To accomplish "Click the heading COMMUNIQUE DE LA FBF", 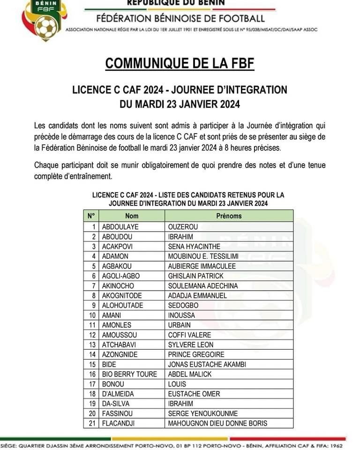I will click(180, 63).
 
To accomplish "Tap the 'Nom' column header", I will click(132, 216).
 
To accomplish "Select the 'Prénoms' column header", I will click(229, 216).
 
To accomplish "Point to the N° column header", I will click(91, 216).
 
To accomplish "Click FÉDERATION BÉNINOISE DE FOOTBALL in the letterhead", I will click(180, 19).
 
